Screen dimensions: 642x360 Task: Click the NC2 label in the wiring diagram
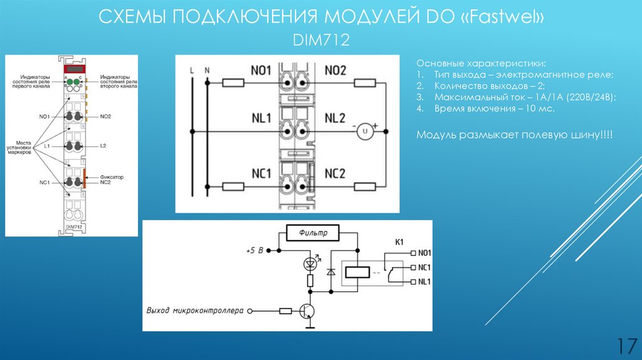click(x=335, y=173)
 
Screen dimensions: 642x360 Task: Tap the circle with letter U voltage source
click(x=365, y=132)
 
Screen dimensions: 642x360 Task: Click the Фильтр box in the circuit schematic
click(x=313, y=233)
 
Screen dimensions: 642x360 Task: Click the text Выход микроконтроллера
click(x=195, y=310)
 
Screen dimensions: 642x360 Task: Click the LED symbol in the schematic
click(x=309, y=264)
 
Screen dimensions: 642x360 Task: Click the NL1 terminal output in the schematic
click(x=424, y=282)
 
